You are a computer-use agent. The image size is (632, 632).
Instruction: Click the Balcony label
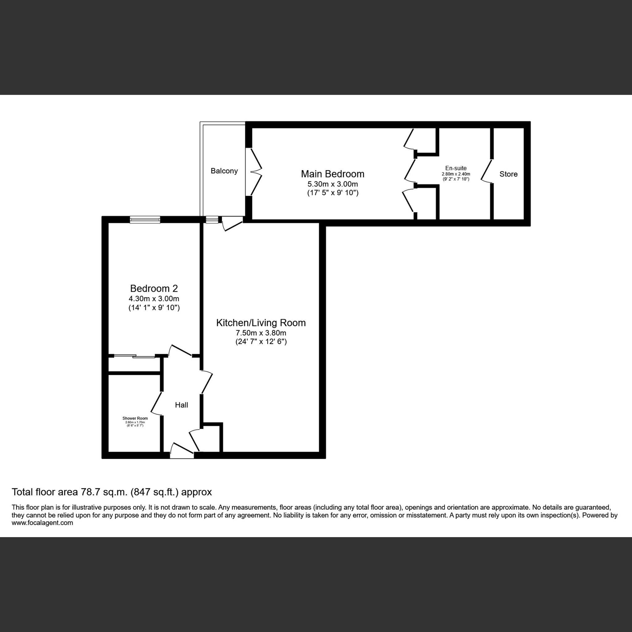point(224,171)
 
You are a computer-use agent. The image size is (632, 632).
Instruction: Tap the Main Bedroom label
point(332,174)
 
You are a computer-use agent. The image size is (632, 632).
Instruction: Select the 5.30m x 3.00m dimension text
point(332,184)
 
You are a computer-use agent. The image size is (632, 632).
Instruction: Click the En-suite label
point(456,168)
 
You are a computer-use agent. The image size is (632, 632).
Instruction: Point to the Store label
point(508,174)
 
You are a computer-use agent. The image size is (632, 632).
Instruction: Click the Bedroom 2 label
point(154,288)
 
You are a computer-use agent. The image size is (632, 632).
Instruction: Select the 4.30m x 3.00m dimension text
point(154,299)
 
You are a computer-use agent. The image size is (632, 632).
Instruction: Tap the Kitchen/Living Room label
point(261,323)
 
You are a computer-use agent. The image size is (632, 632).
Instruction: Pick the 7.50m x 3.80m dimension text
point(261,333)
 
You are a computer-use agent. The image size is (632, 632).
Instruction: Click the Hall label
point(181,405)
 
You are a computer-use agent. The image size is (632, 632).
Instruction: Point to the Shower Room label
point(135,418)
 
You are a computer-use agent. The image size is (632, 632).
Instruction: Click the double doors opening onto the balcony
point(256,172)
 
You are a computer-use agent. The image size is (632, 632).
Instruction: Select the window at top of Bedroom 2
point(145,219)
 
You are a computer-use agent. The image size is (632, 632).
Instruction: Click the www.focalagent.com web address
point(42,523)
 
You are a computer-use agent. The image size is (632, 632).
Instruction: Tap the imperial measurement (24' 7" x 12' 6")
point(261,342)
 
